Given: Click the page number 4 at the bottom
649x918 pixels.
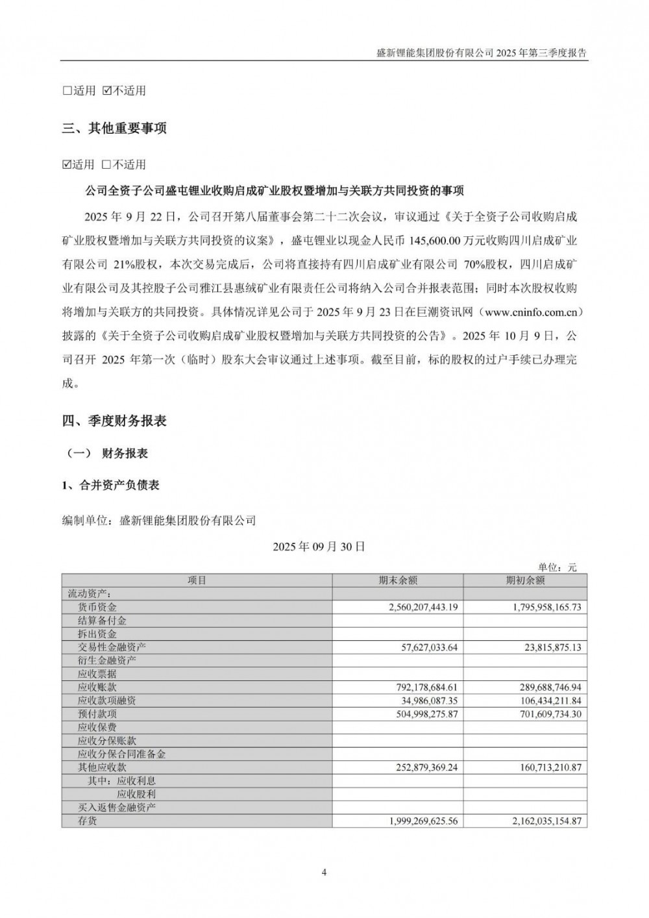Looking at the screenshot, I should pos(324,872).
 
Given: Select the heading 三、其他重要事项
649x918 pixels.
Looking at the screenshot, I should pos(114,129).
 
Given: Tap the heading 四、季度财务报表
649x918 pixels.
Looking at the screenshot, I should pos(114,421).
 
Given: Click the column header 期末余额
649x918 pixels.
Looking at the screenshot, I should pos(398,580).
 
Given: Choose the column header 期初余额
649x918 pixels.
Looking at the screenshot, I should pos(525,580).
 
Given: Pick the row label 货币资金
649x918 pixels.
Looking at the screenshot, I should pos(97,607).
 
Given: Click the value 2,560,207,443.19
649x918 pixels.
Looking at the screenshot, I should pos(415,607).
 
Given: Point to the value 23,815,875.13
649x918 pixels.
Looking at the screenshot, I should pos(545,647).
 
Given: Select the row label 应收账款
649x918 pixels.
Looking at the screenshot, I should pos(97,687).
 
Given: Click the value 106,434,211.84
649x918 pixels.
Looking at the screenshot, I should pos(543,701).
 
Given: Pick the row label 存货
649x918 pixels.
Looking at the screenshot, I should pos(88,821).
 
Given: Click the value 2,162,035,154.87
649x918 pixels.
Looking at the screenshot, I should pos(539,821).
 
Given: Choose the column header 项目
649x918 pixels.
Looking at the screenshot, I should pos(197,580).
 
